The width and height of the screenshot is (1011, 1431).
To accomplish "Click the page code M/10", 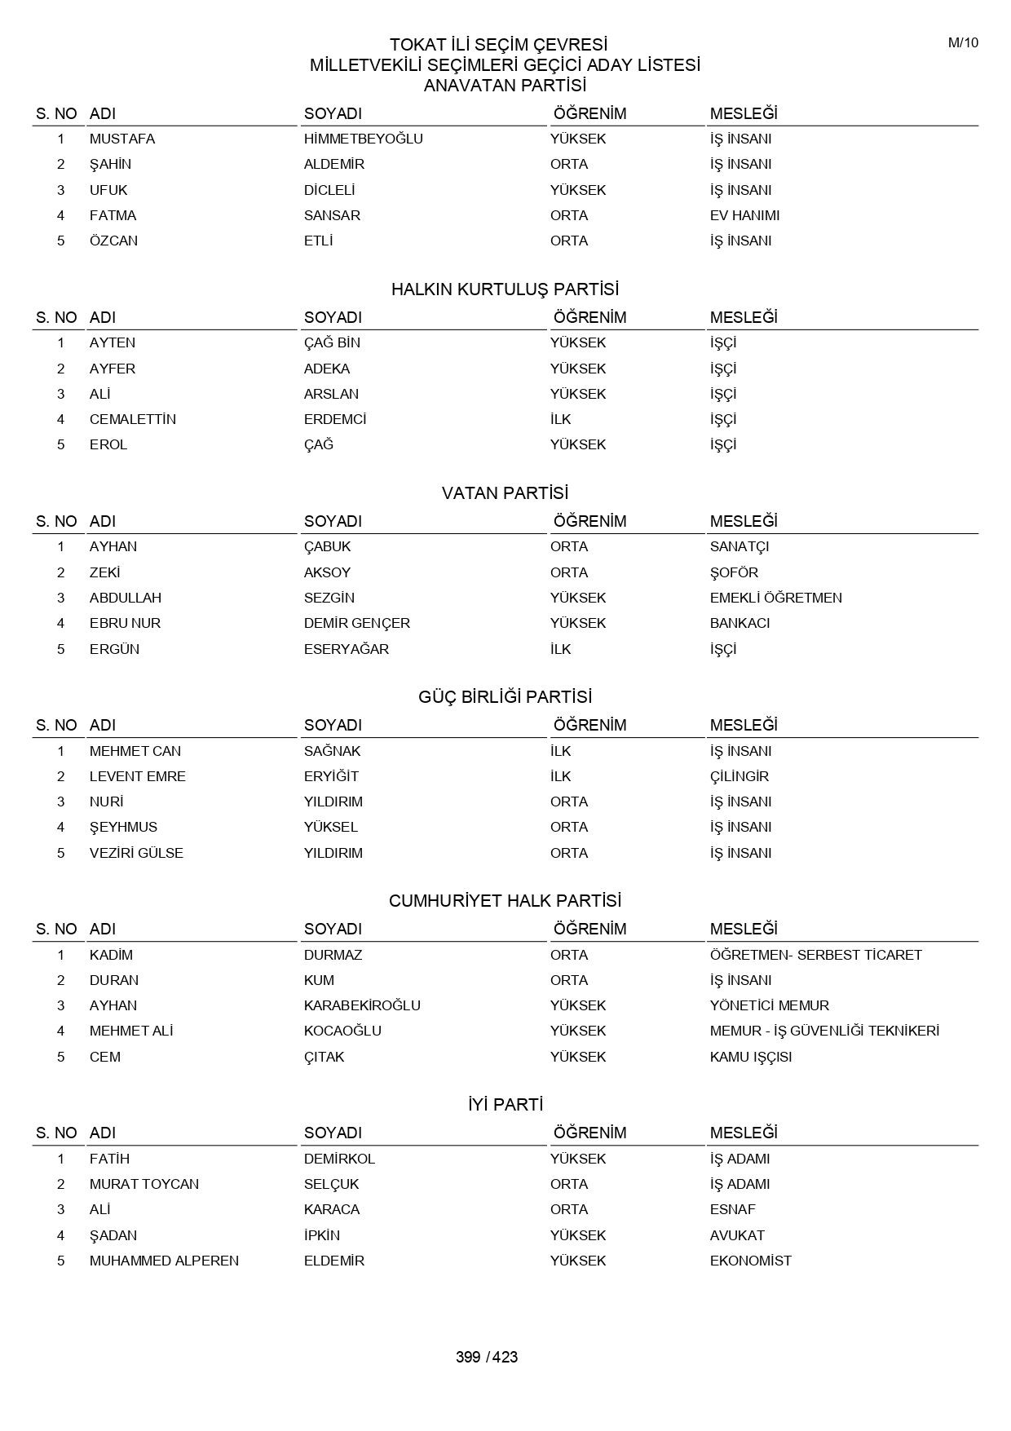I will pyautogui.click(x=963, y=43).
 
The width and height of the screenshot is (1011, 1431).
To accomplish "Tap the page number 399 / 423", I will pyautogui.click(x=487, y=1357).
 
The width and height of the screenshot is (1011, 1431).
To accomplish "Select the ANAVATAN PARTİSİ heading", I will pyautogui.click(x=505, y=86).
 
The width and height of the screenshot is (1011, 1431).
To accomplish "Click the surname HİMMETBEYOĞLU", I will pyautogui.click(x=363, y=139).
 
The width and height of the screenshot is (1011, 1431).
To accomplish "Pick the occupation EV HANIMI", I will pyautogui.click(x=744, y=215).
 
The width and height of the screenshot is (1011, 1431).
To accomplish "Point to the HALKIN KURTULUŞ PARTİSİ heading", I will pyautogui.click(x=505, y=289).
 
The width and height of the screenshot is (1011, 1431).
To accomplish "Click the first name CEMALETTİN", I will pyautogui.click(x=132, y=419).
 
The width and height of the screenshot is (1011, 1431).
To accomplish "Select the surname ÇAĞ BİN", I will pyautogui.click(x=332, y=342).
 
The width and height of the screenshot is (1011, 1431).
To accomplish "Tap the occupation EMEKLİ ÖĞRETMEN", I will pyautogui.click(x=775, y=598).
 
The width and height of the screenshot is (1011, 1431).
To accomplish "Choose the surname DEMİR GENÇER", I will pyautogui.click(x=356, y=623).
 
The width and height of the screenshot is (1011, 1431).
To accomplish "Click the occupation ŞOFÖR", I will pyautogui.click(x=734, y=572).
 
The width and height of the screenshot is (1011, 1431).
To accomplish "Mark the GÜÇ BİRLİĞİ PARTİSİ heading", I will pyautogui.click(x=505, y=697).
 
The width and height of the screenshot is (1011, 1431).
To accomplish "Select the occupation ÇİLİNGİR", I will pyautogui.click(x=739, y=776).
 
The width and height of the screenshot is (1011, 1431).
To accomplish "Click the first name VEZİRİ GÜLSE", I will pyautogui.click(x=136, y=853).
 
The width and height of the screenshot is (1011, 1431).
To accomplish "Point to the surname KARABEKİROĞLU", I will pyautogui.click(x=362, y=1005).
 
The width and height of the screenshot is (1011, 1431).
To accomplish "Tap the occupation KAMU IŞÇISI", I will pyautogui.click(x=750, y=1057).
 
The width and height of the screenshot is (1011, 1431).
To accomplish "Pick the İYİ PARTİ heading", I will pyautogui.click(x=505, y=1105).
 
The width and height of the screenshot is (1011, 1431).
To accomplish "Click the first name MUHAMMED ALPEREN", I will pyautogui.click(x=164, y=1261).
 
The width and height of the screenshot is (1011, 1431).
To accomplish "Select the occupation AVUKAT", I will pyautogui.click(x=737, y=1235).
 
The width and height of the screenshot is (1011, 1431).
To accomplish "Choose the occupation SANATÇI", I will pyautogui.click(x=739, y=546).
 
